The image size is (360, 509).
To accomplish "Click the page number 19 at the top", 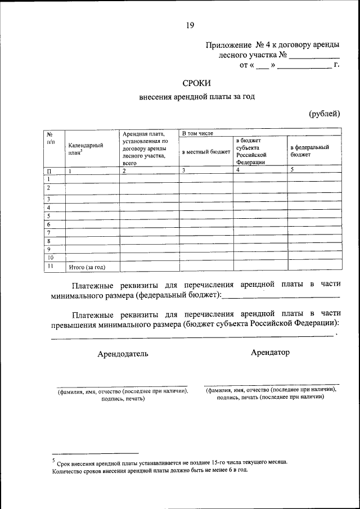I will coord(190,25).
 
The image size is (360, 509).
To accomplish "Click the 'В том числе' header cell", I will coord(197,133).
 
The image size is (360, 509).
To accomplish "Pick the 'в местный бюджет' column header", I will coord(206,151).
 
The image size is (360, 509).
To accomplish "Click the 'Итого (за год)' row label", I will coord(87,267).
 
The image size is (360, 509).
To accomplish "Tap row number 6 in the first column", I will coord(49,224).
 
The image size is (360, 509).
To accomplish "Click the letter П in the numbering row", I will coord(49,170).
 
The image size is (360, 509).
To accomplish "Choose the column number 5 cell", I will coord(292,170).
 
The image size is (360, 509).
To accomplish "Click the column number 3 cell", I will coord(183,170).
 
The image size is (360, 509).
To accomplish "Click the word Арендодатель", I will coord(123,354).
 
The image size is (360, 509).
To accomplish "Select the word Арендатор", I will coord(271,352).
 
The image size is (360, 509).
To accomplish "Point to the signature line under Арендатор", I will coord(272,384).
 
